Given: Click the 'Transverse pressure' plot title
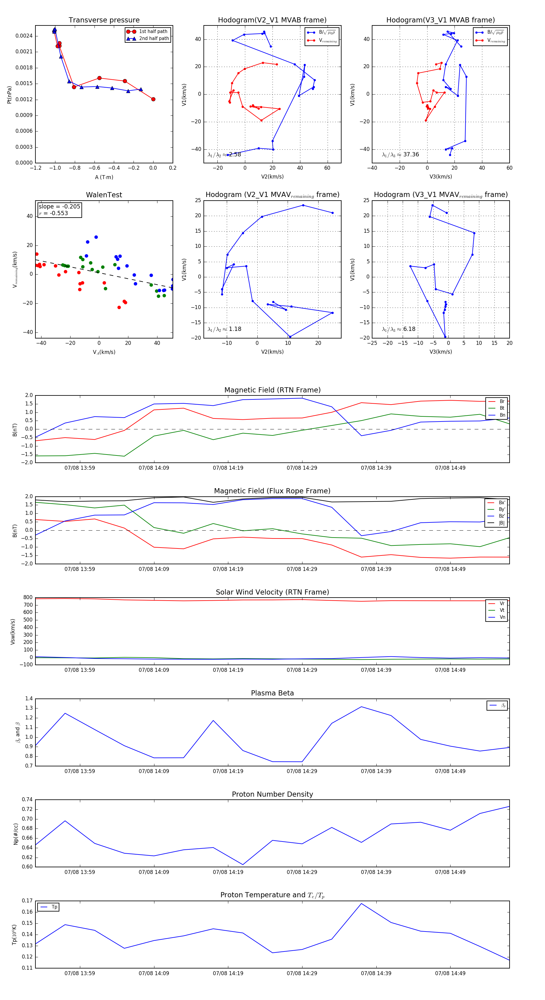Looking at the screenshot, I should [x=104, y=20].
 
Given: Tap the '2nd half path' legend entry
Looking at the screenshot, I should [x=154, y=38].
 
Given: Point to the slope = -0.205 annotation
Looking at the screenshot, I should [x=59, y=207].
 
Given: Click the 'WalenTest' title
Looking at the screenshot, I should [x=104, y=195].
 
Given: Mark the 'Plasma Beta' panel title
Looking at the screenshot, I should [x=272, y=693].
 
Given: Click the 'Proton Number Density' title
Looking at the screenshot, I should [x=272, y=794].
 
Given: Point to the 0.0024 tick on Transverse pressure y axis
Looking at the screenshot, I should [x=24, y=36].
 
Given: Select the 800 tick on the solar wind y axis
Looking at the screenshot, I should [x=28, y=598].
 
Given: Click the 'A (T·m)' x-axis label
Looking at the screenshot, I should [x=104, y=177].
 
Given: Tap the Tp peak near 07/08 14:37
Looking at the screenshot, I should [x=362, y=903].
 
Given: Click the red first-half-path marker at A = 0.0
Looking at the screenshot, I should [x=153, y=99].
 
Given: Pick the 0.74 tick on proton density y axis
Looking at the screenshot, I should [x=27, y=799].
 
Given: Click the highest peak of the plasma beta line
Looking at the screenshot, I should [x=362, y=707].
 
